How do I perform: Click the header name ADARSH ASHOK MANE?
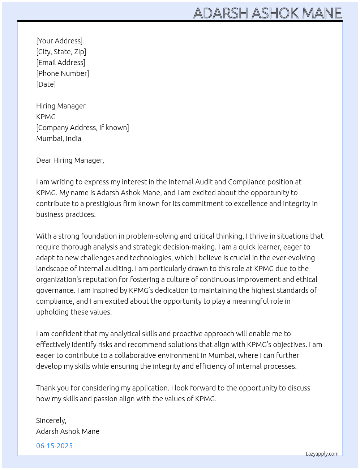(x=267, y=13)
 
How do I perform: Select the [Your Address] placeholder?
(x=59, y=41)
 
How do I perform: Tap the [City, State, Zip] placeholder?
(x=61, y=52)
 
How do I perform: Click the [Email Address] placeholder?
(x=61, y=63)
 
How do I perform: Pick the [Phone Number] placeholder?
(x=63, y=73)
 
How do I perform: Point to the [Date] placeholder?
(x=46, y=84)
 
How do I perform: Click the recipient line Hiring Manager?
(x=61, y=106)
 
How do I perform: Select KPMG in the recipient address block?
(x=46, y=117)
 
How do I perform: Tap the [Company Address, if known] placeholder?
(x=82, y=128)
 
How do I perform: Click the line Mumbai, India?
(x=59, y=138)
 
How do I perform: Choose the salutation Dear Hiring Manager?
(x=70, y=160)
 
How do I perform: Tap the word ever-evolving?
(x=293, y=258)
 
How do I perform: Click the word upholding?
(x=52, y=312)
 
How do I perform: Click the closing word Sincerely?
(x=51, y=420)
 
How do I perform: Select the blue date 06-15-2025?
(x=54, y=446)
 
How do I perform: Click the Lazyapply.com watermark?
(x=322, y=454)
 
